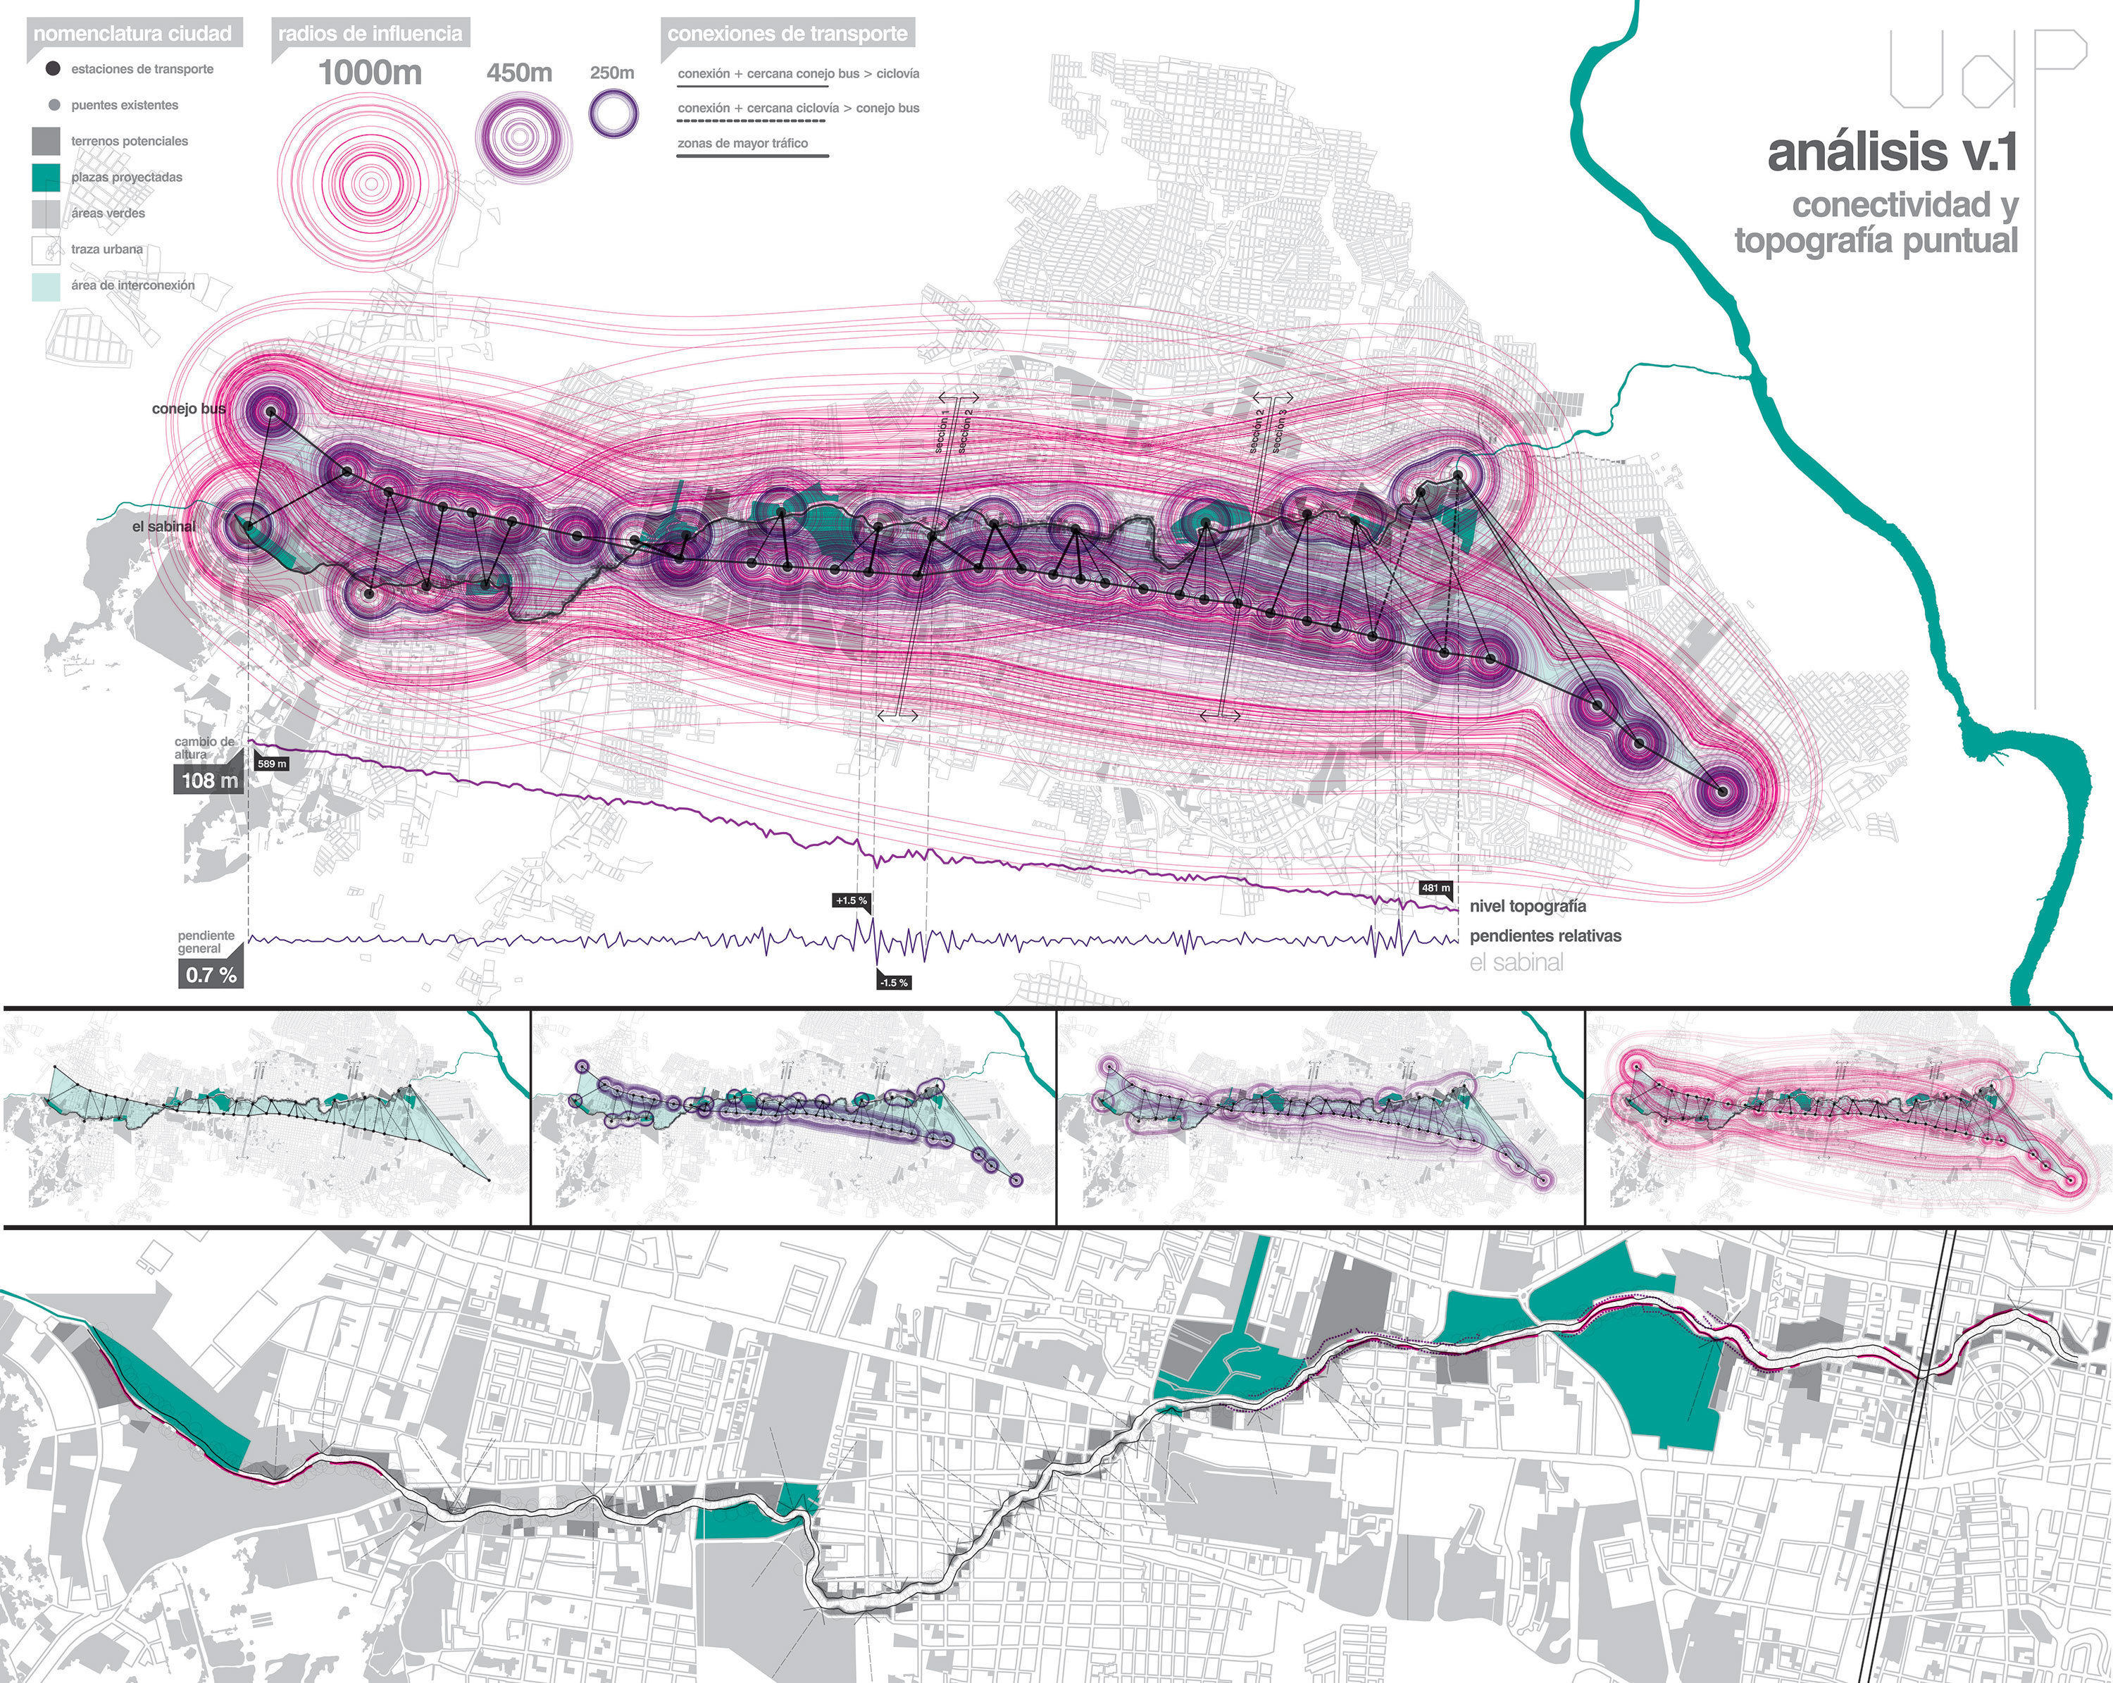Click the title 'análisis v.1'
(1892, 153)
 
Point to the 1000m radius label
(370, 73)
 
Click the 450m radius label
(519, 73)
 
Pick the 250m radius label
(613, 73)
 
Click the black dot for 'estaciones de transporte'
(53, 68)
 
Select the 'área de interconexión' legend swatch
(46, 285)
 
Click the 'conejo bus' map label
(188, 409)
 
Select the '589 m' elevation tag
(271, 764)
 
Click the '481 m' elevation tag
(1435, 888)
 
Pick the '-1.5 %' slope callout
(894, 982)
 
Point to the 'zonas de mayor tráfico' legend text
(743, 143)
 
